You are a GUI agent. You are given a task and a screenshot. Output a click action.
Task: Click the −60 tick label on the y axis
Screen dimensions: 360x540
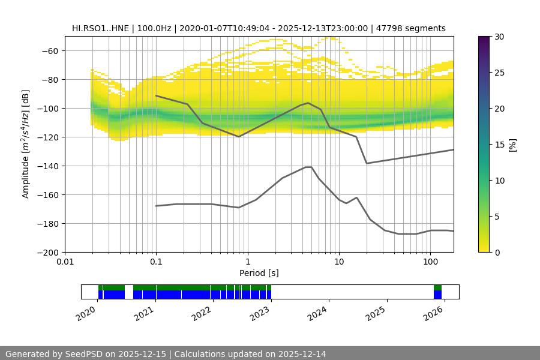(49, 51)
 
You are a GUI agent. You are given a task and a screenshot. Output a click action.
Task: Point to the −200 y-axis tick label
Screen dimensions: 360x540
(47, 253)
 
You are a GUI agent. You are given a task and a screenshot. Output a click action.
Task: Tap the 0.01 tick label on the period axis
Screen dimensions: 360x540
(65, 262)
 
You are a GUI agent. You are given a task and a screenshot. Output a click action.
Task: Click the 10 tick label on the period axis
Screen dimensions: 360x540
(338, 262)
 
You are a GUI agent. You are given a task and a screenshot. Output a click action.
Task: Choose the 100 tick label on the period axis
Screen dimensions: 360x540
(430, 262)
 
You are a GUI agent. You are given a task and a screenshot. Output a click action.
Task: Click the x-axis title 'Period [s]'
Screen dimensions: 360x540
(259, 273)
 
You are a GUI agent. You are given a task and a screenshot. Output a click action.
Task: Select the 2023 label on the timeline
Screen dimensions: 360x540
(261, 313)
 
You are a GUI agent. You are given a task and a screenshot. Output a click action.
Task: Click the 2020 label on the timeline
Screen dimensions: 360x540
(87, 313)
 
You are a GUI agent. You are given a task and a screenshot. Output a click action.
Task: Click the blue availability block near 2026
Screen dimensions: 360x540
(437, 295)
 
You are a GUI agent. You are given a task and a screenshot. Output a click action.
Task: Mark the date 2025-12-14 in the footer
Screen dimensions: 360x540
(302, 354)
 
